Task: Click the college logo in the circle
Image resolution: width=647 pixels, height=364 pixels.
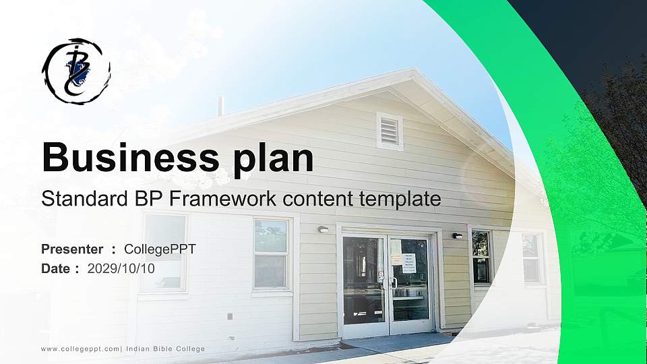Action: pyautogui.click(x=76, y=70)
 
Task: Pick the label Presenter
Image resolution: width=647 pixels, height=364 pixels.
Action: pyautogui.click(x=72, y=249)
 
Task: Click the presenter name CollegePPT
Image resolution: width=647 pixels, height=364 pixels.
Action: pyautogui.click(x=160, y=249)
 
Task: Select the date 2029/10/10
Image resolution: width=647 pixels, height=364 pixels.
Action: pyautogui.click(x=121, y=268)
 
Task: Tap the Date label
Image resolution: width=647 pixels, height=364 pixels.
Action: pyautogui.click(x=56, y=268)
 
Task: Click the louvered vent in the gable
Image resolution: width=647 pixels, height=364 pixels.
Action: pyautogui.click(x=390, y=131)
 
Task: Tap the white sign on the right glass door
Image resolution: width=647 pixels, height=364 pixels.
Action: pyautogui.click(x=409, y=262)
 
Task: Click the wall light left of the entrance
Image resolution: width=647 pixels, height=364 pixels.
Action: pyautogui.click(x=323, y=229)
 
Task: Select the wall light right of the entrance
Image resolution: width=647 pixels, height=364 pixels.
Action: pyautogui.click(x=457, y=235)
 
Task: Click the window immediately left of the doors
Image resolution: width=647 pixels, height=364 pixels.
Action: pyautogui.click(x=272, y=254)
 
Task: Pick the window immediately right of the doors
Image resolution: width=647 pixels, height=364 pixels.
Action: pyautogui.click(x=481, y=256)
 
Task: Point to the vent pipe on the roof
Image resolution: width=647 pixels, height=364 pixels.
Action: pyautogui.click(x=220, y=107)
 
